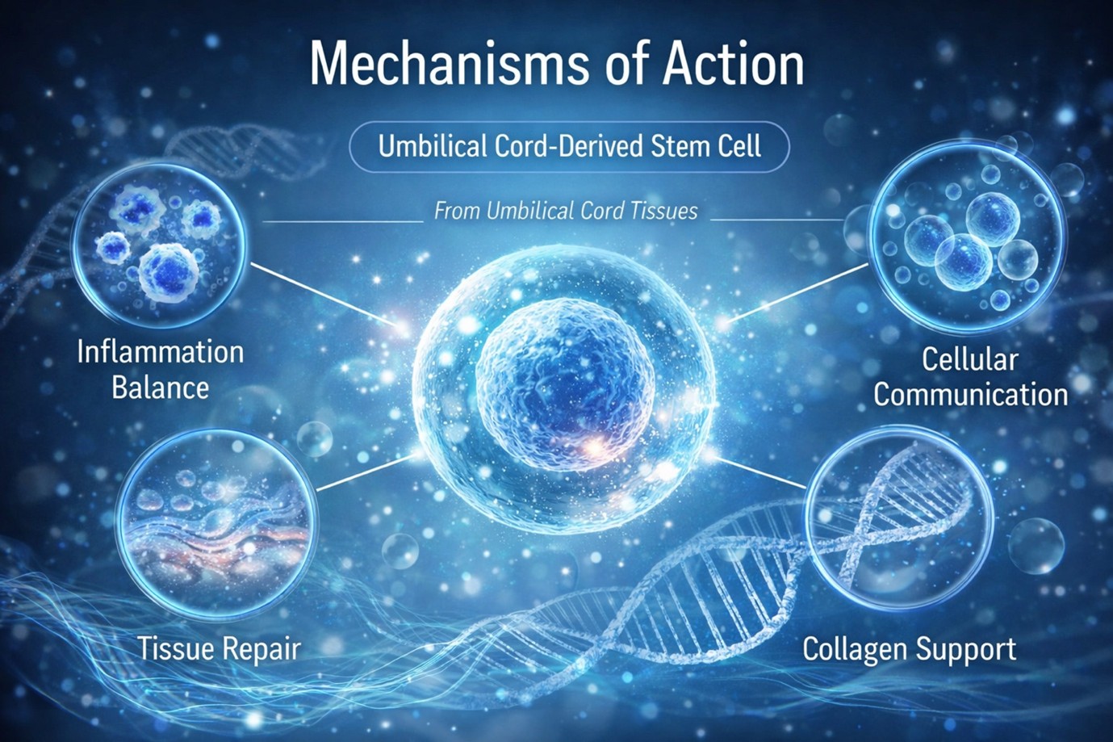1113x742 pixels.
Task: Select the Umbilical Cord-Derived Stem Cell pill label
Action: click(569, 147)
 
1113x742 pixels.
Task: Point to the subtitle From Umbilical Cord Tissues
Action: click(566, 212)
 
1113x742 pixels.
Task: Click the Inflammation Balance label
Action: click(160, 369)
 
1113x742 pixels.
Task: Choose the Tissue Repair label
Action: click(218, 648)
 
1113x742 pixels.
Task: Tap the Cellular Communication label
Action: click(970, 377)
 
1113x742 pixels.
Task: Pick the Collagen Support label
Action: click(909, 648)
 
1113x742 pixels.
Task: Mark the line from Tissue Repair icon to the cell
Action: click(367, 473)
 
